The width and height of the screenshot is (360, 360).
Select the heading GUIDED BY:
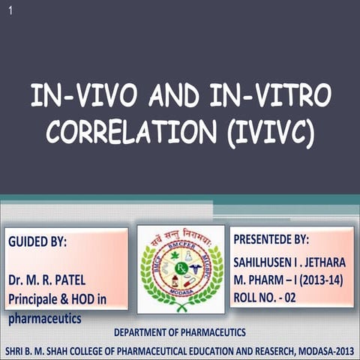point(37,243)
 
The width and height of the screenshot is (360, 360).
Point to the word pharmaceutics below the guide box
point(44,318)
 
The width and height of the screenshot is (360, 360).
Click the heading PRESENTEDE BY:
point(271,240)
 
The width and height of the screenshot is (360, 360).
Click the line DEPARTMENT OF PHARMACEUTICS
point(179,331)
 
